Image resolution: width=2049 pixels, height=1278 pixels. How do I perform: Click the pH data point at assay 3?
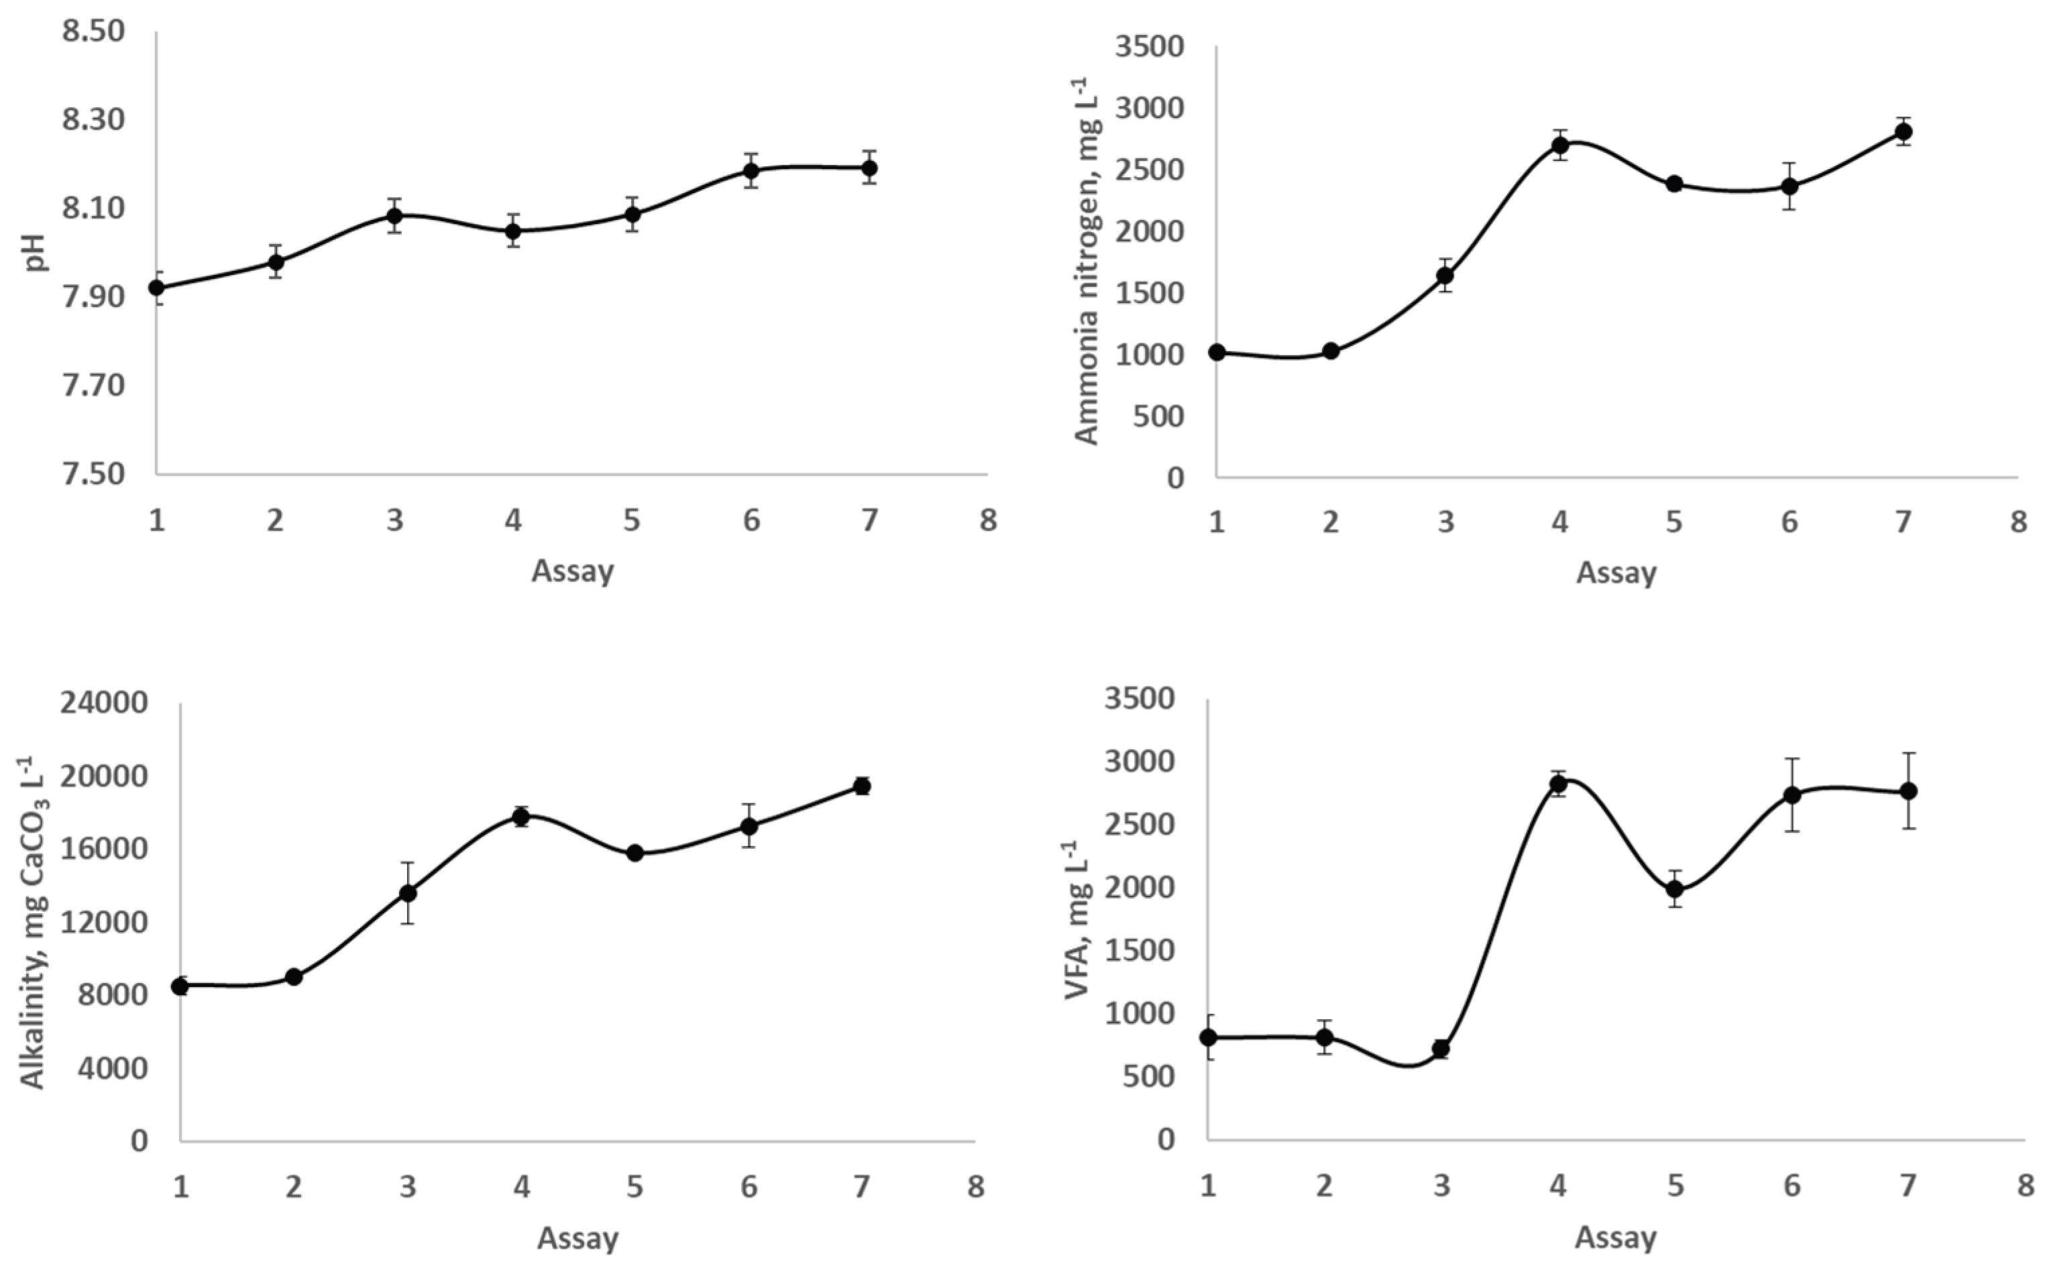click(394, 215)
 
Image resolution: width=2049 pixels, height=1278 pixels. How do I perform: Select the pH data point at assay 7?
click(869, 168)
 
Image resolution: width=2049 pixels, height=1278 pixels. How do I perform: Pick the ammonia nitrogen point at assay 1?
click(1217, 353)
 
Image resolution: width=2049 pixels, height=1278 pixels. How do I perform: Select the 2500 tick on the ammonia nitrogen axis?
click(1150, 171)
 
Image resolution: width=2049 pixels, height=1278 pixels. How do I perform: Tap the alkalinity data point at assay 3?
click(407, 892)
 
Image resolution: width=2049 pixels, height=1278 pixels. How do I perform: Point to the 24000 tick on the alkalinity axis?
click(104, 703)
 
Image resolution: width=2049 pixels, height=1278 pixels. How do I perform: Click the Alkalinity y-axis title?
click(34, 921)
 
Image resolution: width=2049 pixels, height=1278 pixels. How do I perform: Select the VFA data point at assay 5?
click(1675, 888)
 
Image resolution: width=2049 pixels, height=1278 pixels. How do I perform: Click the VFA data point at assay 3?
click(1441, 1049)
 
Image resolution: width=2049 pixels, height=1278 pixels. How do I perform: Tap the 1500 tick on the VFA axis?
click(1142, 951)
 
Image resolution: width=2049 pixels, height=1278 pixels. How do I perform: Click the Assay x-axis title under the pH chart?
click(572, 571)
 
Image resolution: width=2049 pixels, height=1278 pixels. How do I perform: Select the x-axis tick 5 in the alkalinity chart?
click(634, 1187)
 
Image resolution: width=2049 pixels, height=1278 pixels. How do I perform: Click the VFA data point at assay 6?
click(1792, 795)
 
